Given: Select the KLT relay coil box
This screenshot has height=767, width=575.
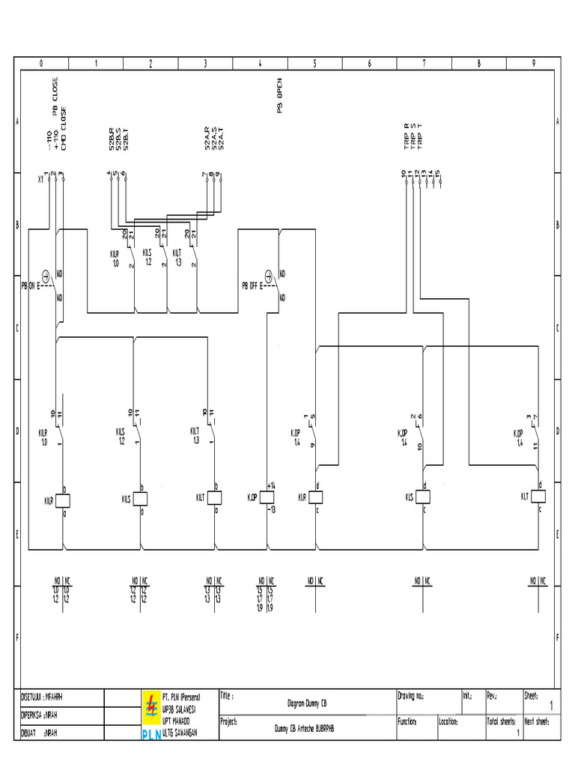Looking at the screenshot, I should coord(538,497).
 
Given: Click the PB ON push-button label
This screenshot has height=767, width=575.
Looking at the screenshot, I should coord(31,285).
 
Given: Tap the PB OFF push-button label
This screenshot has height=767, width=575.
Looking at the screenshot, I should coord(252,285).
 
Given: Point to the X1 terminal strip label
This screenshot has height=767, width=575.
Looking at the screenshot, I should coord(40,180).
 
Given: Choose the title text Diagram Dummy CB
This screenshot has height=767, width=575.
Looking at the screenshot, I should coord(307,704).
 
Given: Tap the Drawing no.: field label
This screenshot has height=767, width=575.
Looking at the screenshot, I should coord(412,696).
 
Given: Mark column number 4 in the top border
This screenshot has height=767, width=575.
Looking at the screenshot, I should coord(260,64).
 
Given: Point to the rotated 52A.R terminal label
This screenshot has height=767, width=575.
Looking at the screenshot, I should coord(206,140).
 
